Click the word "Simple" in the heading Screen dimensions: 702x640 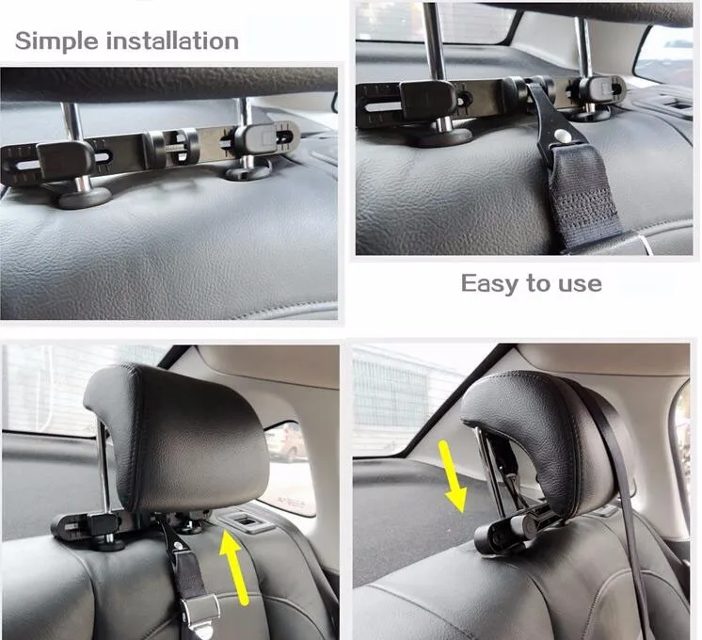click(56, 41)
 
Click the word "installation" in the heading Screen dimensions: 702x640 click(172, 40)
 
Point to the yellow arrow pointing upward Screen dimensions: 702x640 click(235, 566)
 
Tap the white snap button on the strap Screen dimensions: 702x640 click(558, 134)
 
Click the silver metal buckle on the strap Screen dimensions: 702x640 click(201, 611)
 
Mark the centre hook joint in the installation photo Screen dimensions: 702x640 click(171, 145)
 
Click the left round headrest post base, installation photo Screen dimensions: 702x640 click(85, 198)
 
